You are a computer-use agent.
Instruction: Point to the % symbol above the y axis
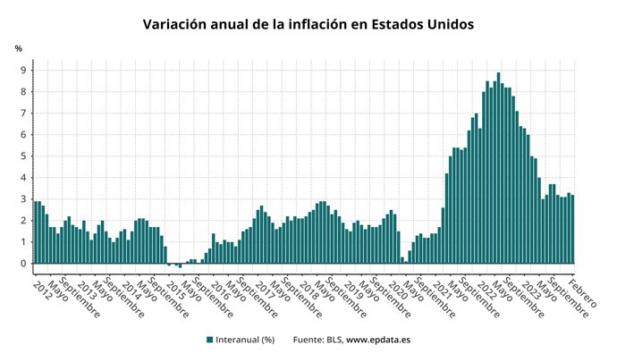point(18,47)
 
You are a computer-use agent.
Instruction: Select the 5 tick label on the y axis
point(23,156)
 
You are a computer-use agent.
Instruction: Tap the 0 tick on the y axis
point(23,264)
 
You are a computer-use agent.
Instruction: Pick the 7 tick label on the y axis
point(23,114)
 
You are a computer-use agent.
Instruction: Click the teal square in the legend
point(209,340)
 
